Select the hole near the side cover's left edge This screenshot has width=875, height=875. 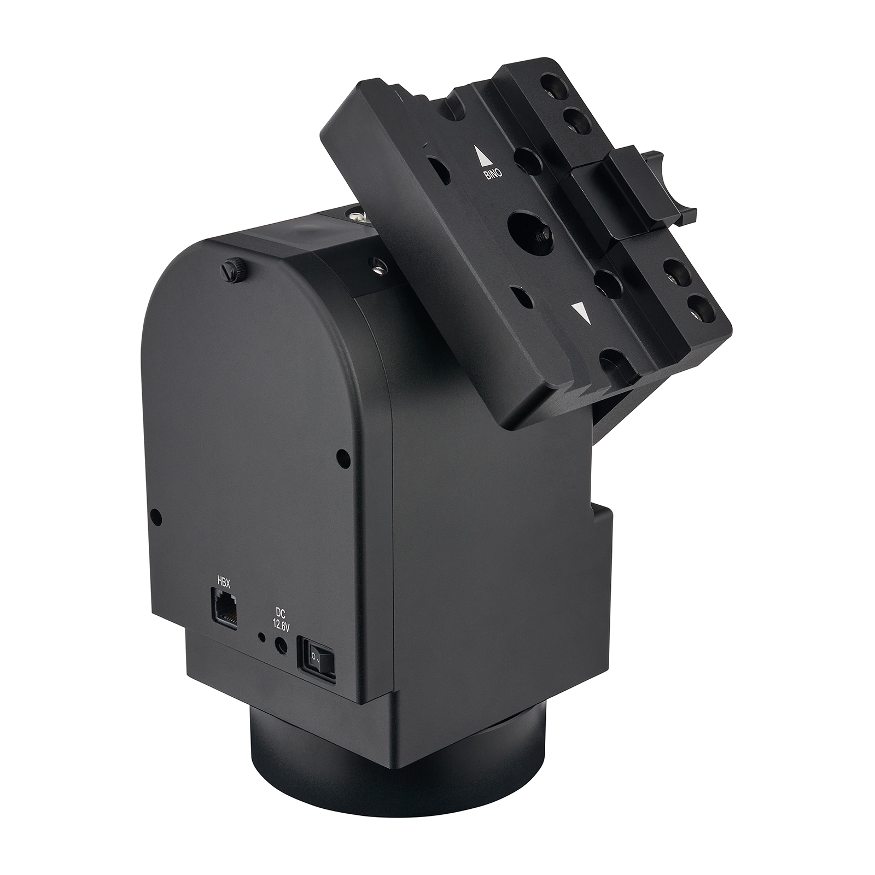(x=157, y=515)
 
